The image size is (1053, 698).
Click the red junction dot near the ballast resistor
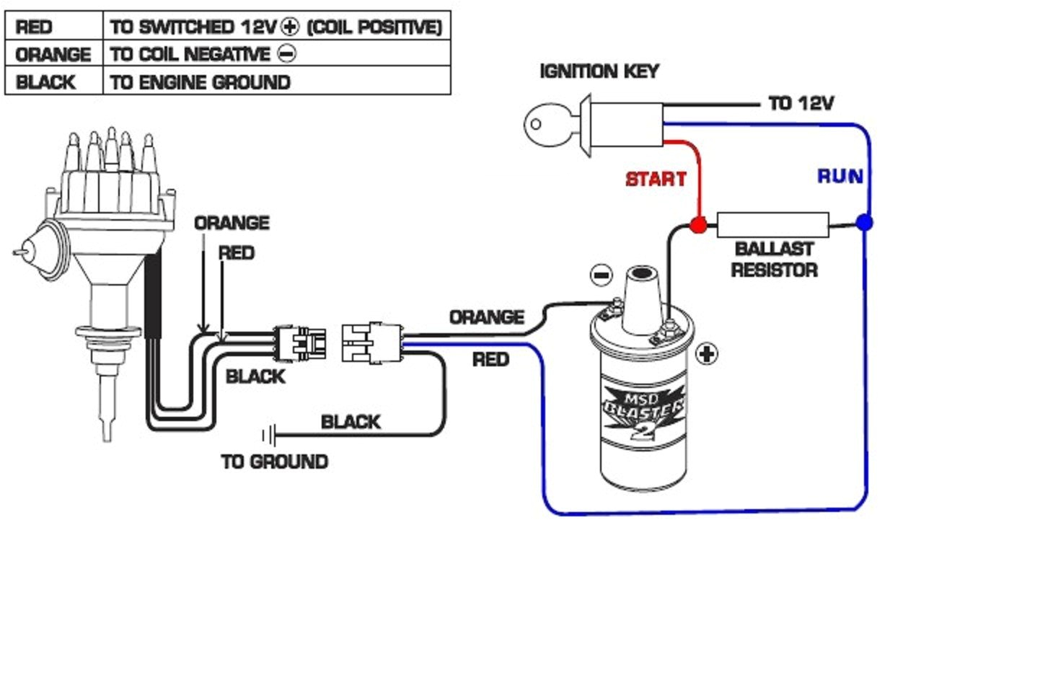pyautogui.click(x=697, y=224)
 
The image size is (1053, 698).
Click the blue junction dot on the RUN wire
pyautogui.click(x=864, y=223)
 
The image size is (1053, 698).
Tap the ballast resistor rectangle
pyautogui.click(x=772, y=225)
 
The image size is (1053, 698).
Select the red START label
pyautogui.click(x=656, y=179)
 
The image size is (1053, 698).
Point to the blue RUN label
pyautogui.click(x=840, y=177)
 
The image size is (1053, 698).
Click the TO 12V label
pyautogui.click(x=801, y=104)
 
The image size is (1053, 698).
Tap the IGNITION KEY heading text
pyautogui.click(x=599, y=71)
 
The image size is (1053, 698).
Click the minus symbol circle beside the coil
pyautogui.click(x=601, y=275)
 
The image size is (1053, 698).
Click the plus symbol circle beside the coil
pyautogui.click(x=706, y=354)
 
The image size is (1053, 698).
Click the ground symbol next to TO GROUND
pyautogui.click(x=268, y=435)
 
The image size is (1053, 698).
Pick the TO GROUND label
pyautogui.click(x=274, y=461)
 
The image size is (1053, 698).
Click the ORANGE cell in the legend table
pyautogui.click(x=53, y=55)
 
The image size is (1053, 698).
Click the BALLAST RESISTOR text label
pyautogui.click(x=774, y=260)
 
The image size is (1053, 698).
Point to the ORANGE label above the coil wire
pyautogui.click(x=486, y=317)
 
